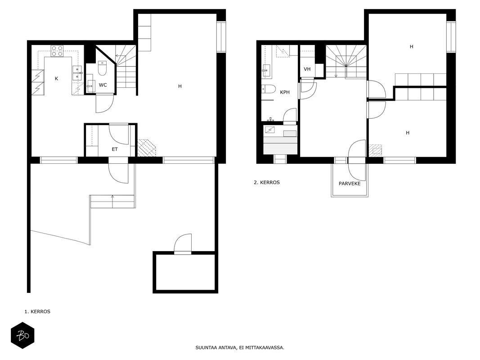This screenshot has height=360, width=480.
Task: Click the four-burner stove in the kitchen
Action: click(57, 51)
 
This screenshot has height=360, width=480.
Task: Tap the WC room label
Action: click(103, 85)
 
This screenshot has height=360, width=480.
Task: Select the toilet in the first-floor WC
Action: click(102, 68)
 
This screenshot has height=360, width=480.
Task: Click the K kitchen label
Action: click(56, 79)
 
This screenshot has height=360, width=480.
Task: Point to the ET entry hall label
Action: click(115, 149)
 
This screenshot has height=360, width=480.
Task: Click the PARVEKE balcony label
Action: click(350, 184)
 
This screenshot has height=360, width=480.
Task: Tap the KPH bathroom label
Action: click(285, 92)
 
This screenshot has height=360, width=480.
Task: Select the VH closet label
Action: click(307, 69)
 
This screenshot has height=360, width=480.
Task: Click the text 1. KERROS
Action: click(37, 312)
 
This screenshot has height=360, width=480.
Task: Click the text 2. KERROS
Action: click(267, 182)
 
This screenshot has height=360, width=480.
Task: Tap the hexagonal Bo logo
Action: click(22, 335)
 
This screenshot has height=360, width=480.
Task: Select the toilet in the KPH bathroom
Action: click(268, 89)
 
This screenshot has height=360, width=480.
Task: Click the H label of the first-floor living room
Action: click(180, 86)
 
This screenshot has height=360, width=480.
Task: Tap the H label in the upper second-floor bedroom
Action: click(412, 46)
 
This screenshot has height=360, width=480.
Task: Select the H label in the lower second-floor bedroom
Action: click(408, 133)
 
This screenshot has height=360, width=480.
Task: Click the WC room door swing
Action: click(105, 103)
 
